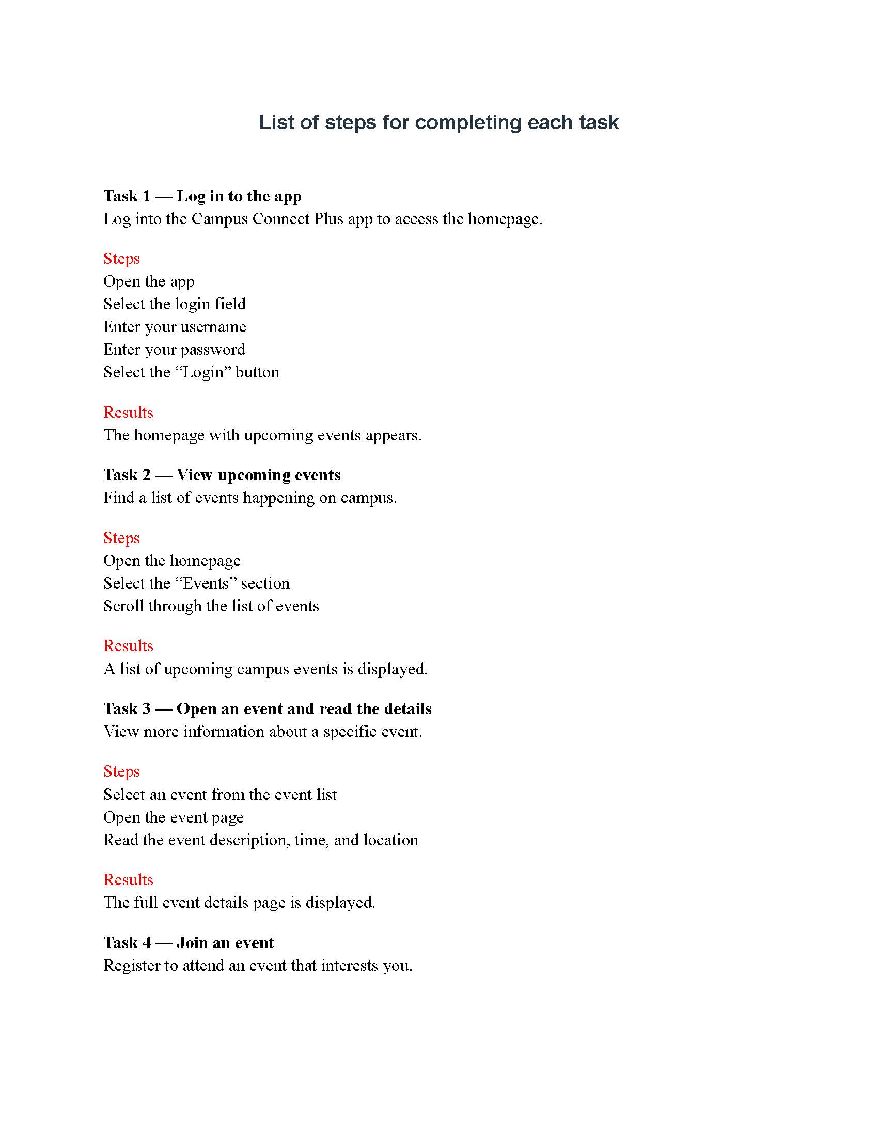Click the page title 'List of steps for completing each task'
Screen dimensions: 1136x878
pyautogui.click(x=438, y=123)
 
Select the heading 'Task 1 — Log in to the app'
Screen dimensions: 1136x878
pyautogui.click(x=202, y=196)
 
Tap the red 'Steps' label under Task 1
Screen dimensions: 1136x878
pyautogui.click(x=121, y=259)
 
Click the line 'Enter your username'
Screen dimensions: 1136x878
pyautogui.click(x=175, y=327)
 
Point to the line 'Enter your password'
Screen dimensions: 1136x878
pyautogui.click(x=174, y=350)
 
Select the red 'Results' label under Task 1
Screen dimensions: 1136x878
pyautogui.click(x=128, y=412)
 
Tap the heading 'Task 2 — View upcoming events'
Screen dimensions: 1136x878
pyautogui.click(x=222, y=475)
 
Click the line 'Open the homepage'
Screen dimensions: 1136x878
pyautogui.click(x=171, y=561)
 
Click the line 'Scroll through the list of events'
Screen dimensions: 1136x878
pyautogui.click(x=211, y=606)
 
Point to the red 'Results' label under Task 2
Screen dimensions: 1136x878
pyautogui.click(x=128, y=645)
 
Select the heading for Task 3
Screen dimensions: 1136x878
pyautogui.click(x=268, y=708)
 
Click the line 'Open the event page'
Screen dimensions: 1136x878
pyautogui.click(x=173, y=817)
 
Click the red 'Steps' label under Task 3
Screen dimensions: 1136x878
pyautogui.click(x=121, y=771)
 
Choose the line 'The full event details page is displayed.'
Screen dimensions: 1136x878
pyautogui.click(x=239, y=903)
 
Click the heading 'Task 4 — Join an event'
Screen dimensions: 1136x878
pyautogui.click(x=189, y=942)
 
